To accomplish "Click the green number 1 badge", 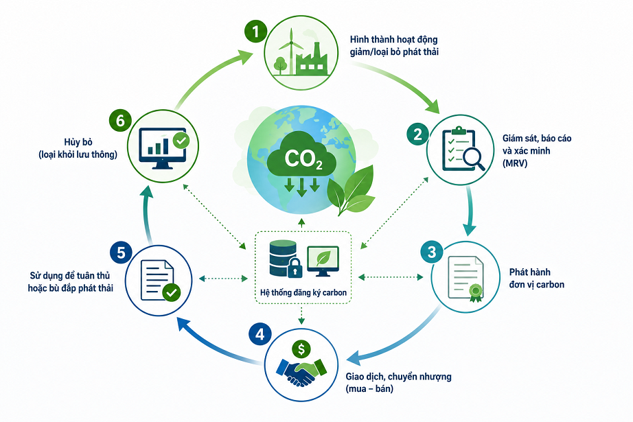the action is pos(255,32).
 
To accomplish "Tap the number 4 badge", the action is pos(260,334).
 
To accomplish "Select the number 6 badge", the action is pos(120,121).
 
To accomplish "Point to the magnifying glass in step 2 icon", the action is pos(474,159).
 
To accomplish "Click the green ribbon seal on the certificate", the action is pos(476,292).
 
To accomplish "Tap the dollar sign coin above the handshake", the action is pos(301,349).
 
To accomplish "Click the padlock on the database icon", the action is pos(295,268).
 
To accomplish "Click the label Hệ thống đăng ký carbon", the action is pos(303,292).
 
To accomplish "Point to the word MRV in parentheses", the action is pos(515,163).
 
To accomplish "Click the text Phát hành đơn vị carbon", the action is pos(536,278).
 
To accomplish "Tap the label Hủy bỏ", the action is pos(78,142).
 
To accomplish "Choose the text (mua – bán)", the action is pos(369,389).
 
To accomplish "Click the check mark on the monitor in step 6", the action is pos(181,141).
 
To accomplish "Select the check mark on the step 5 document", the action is pos(171,292).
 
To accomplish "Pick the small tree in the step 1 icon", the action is pos(279,65).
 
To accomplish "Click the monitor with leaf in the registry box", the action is pos(323,261).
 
